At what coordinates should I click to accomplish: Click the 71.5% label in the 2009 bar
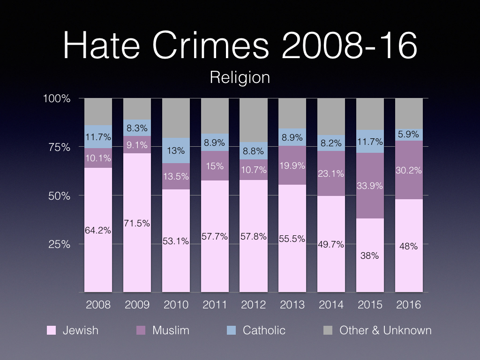pyautogui.click(x=137, y=223)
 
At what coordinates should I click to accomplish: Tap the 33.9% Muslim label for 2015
pyautogui.click(x=370, y=186)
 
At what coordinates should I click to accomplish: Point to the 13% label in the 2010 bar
pyautogui.click(x=176, y=151)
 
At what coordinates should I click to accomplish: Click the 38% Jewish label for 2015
pyautogui.click(x=370, y=256)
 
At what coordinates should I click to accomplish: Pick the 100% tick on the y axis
pyautogui.click(x=57, y=99)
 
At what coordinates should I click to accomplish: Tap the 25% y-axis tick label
pyautogui.click(x=60, y=244)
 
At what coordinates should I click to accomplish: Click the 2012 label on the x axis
pyautogui.click(x=254, y=305)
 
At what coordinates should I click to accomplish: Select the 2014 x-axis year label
pyautogui.click(x=331, y=305)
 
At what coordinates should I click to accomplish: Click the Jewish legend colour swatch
pyautogui.click(x=52, y=330)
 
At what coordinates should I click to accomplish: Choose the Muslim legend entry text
pyautogui.click(x=171, y=330)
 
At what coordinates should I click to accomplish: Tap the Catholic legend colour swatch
pyautogui.click(x=231, y=330)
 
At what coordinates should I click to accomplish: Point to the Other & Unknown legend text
pyautogui.click(x=385, y=330)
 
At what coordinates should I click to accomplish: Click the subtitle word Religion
pyautogui.click(x=240, y=77)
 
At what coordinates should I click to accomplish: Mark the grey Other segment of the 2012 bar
pyautogui.click(x=254, y=120)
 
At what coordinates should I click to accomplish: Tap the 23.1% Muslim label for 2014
pyautogui.click(x=331, y=173)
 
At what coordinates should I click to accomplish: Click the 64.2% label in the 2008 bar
pyautogui.click(x=98, y=230)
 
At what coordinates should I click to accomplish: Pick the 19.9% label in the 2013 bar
pyautogui.click(x=292, y=165)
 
